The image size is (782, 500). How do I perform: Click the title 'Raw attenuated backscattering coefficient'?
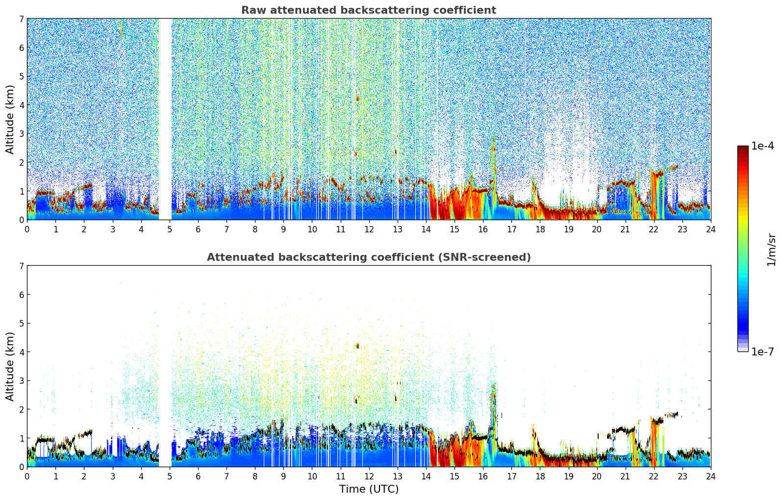pyautogui.click(x=368, y=10)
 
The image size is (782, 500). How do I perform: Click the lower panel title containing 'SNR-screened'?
pyautogui.click(x=368, y=257)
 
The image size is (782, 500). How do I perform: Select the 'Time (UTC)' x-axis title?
pyautogui.click(x=369, y=489)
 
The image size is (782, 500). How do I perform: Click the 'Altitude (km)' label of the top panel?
pyautogui.click(x=10, y=119)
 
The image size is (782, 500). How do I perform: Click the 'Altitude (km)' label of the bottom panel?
pyautogui.click(x=10, y=366)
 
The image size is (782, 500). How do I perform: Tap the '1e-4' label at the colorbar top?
pyautogui.click(x=762, y=146)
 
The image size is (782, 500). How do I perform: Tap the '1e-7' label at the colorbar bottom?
pyautogui.click(x=762, y=351)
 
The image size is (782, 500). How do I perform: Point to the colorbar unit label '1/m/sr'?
pyautogui.click(x=771, y=250)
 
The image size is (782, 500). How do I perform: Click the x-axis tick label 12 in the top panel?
pyautogui.click(x=369, y=229)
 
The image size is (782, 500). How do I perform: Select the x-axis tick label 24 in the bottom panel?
pyautogui.click(x=710, y=476)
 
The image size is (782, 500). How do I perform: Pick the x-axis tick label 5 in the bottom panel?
pyautogui.click(x=170, y=476)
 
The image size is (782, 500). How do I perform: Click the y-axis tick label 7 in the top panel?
pyautogui.click(x=22, y=19)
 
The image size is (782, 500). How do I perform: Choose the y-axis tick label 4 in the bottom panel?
pyautogui.click(x=22, y=352)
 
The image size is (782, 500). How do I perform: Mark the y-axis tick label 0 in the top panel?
pyautogui.click(x=22, y=220)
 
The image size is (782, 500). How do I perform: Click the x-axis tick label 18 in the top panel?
pyautogui.click(x=540, y=229)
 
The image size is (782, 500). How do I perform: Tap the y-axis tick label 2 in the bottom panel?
pyautogui.click(x=22, y=409)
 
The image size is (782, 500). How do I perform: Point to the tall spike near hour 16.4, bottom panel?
pyautogui.click(x=494, y=407)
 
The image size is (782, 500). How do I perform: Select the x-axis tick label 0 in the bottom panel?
pyautogui.click(x=27, y=476)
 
